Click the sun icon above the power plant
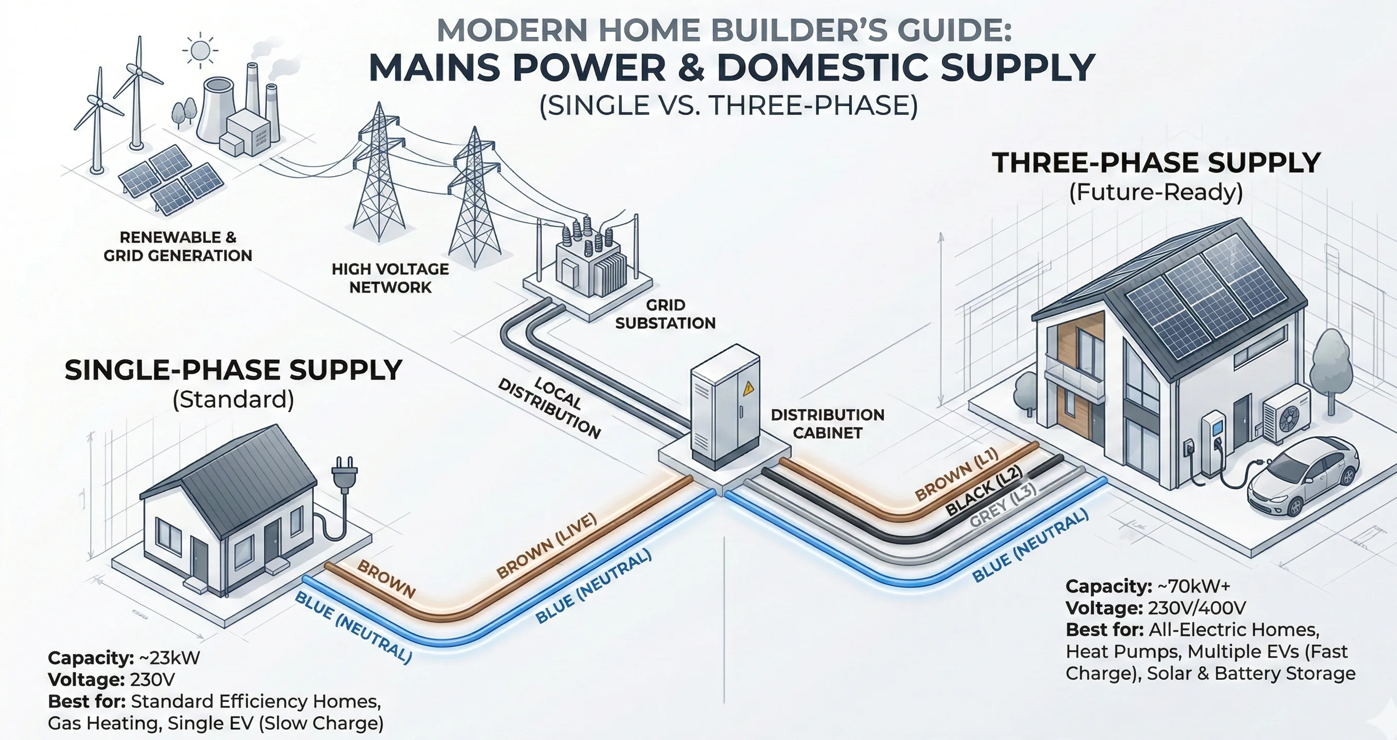pos(200,51)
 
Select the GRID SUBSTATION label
pos(665,314)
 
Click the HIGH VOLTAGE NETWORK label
pos(390,278)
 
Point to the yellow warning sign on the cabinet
pos(749,388)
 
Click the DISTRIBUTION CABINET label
pos(828,424)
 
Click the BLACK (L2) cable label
pos(984,491)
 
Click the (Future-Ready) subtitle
pos(1156,192)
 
